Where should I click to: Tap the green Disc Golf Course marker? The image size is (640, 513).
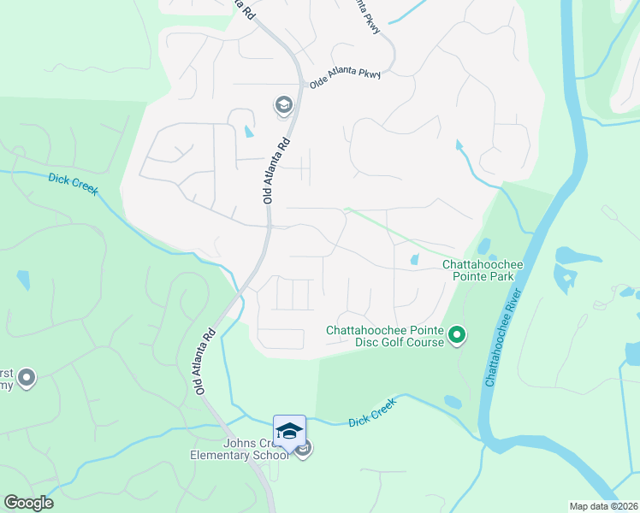click(457, 335)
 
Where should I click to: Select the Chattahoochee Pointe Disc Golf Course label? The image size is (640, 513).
click(385, 336)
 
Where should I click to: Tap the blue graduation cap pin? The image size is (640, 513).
click(289, 430)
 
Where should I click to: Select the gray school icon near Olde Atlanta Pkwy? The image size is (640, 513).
click(282, 106)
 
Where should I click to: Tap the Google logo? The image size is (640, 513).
click(28, 503)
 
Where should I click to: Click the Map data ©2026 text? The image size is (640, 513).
click(602, 505)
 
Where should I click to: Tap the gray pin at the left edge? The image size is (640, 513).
click(27, 377)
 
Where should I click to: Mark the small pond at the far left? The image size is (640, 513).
click(22, 280)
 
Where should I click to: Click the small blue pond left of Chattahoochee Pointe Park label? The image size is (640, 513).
click(415, 259)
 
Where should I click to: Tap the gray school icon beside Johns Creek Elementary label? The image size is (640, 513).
click(304, 448)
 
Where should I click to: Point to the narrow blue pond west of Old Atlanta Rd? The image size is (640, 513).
click(248, 132)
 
